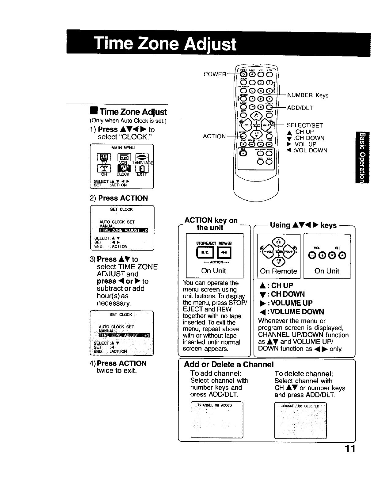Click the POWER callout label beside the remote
pyautogui.click(x=215, y=74)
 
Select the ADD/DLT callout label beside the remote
pyautogui.click(x=300, y=108)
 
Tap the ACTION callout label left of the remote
pyautogui.click(x=214, y=136)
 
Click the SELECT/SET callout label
pyautogui.click(x=305, y=125)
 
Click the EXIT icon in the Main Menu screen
pyautogui.click(x=142, y=170)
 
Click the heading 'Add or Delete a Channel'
pyautogui.click(x=228, y=365)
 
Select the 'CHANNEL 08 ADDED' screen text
pyautogui.click(x=215, y=405)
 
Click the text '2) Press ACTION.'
pyautogui.click(x=120, y=198)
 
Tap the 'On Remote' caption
pyautogui.click(x=278, y=271)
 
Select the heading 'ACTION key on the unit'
pyautogui.click(x=211, y=224)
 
